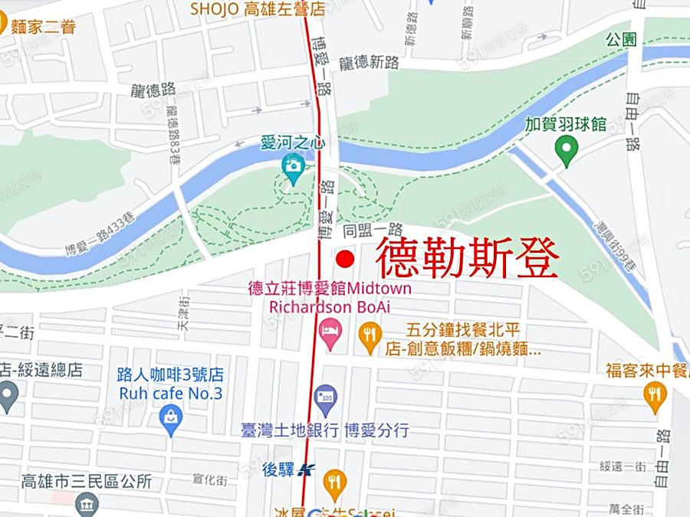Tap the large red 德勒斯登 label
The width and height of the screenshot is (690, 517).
coord(467,259)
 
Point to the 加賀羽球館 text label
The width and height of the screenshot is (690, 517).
coord(565,124)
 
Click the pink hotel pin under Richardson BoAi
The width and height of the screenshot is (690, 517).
coord(330,335)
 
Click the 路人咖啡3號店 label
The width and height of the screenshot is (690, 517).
coord(170,375)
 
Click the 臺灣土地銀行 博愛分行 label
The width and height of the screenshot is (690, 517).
coord(324,430)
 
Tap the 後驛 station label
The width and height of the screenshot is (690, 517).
coord(278,470)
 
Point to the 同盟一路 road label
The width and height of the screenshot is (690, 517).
coord(373,229)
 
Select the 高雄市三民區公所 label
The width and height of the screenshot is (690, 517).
coord(86,482)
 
